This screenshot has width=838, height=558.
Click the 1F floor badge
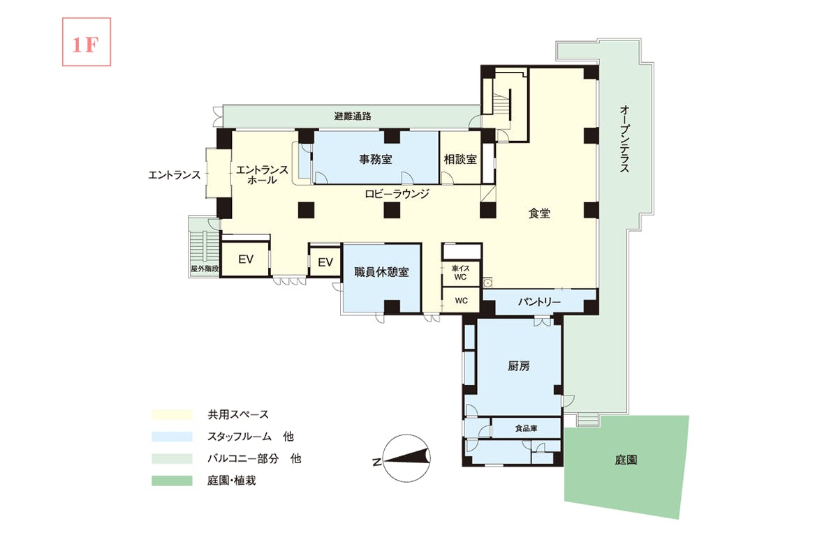tap(87, 42)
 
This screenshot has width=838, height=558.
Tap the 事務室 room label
tap(376, 160)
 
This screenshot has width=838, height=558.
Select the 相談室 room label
tap(460, 160)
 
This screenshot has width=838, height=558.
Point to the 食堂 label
tap(539, 213)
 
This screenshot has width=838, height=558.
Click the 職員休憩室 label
tap(381, 272)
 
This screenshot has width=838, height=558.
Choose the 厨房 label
tap(518, 366)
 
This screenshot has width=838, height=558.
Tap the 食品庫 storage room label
tap(526, 428)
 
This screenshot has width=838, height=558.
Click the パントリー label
tap(539, 301)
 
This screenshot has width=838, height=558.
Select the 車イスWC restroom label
tap(460, 273)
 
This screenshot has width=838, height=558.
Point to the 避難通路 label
tap(353, 116)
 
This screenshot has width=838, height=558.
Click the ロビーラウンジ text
tap(397, 194)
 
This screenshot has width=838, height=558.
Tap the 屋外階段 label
tap(204, 269)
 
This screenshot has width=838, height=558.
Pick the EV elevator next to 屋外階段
tap(246, 259)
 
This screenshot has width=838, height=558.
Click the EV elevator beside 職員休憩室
tap(325, 262)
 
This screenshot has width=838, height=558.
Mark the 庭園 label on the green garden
tap(626, 460)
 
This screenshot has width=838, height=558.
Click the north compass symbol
tap(406, 458)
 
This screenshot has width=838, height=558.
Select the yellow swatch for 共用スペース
tap(172, 415)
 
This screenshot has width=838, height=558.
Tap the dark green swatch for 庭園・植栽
tap(172, 481)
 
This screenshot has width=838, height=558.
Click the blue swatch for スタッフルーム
tap(172, 437)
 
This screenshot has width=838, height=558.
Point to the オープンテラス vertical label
tap(624, 139)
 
